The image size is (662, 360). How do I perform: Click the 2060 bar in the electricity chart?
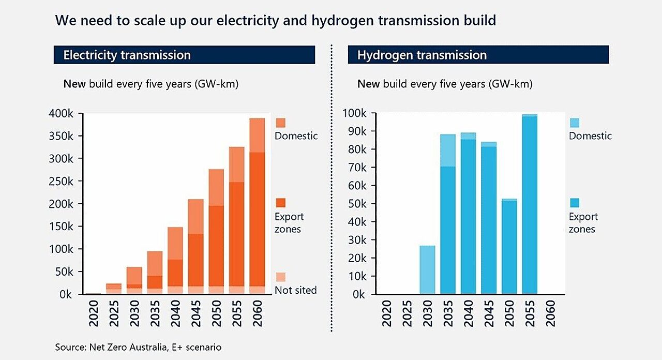pos(257,207)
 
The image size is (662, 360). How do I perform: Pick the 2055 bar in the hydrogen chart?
pos(530,204)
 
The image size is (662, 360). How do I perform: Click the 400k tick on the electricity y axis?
pos(61,114)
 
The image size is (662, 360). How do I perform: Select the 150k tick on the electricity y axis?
pos(61,227)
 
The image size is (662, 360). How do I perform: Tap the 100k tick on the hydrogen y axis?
pos(355,114)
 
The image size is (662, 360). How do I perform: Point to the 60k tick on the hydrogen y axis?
pos(357,186)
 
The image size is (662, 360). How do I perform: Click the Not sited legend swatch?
pos(280,277)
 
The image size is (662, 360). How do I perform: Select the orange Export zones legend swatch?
pos(280,203)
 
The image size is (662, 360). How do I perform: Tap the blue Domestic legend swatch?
pos(575,123)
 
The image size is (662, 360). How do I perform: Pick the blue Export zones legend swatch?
pos(575,203)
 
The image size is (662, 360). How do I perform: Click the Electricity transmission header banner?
pos(184,55)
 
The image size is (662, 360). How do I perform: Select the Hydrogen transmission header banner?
pos(478,55)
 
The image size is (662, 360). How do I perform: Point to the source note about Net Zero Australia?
pos(138,347)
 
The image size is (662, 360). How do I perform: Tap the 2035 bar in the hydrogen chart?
pos(448,215)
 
